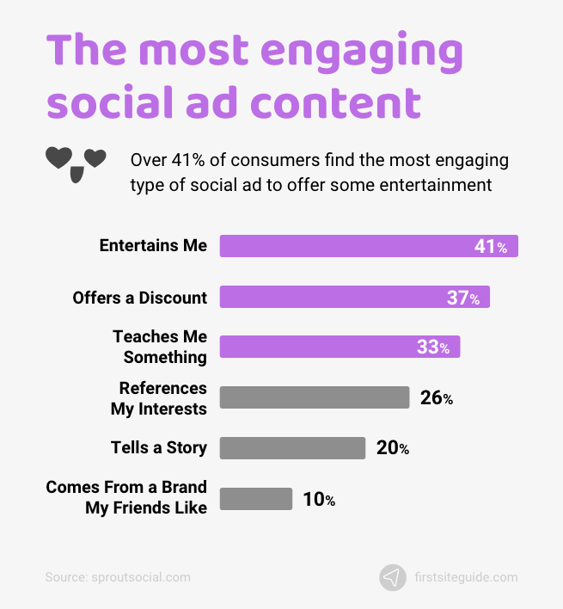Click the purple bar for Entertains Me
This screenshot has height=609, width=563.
point(344,246)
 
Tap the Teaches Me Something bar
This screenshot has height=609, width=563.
point(327,347)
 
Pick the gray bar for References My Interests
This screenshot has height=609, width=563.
point(314,397)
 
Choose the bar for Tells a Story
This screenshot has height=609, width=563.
point(292,448)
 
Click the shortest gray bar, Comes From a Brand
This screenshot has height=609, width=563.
point(256,499)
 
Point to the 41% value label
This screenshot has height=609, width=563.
point(491,247)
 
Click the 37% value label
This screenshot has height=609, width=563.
point(462,298)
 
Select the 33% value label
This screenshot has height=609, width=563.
point(433,348)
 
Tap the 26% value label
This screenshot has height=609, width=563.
point(436,398)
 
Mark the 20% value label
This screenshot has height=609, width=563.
point(392,448)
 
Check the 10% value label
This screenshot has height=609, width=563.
point(319,499)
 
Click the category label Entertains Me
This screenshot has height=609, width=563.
point(153,245)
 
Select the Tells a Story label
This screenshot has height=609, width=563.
point(159,447)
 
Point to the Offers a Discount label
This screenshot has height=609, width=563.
point(139,297)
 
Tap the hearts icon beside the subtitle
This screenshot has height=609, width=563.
point(76,162)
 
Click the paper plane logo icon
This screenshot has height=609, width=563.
point(393,577)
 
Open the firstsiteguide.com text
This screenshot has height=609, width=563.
point(465,577)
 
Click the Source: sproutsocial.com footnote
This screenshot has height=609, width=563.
point(118,577)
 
